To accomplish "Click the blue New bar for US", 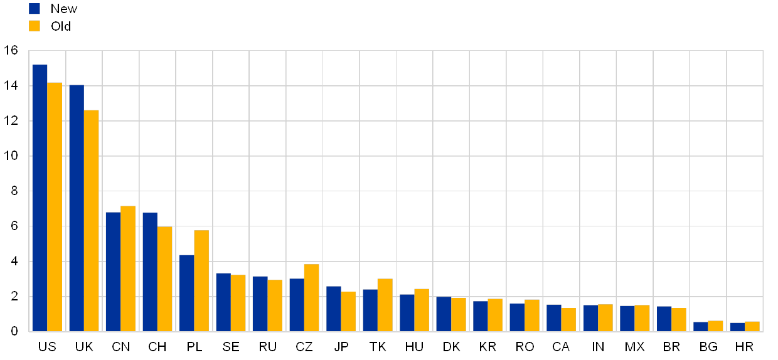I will pos(40,198).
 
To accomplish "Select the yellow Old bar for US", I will pos(55,206).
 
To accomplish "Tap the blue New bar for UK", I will pos(77,208).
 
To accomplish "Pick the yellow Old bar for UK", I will pos(92,220).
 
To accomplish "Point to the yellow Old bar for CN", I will pos(128,268).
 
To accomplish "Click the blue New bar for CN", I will pos(113,272).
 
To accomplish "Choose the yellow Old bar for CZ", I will pos(311,297).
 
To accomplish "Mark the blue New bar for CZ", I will pos(297,305).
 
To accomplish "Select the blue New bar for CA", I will pos(553,317).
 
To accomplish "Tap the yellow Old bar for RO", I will pos(532,315).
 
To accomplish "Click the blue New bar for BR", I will pos(664,319).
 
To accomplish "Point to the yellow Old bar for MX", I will pos(642,318).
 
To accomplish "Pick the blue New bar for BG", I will pos(700,326).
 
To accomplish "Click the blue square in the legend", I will pos(35,9).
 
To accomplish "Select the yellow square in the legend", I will pos(35,26).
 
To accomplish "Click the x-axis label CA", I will pos(561,347).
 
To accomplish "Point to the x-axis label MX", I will pos(634,347).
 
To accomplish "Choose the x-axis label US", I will pos(47,347).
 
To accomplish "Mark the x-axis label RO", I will pos(525,347).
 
